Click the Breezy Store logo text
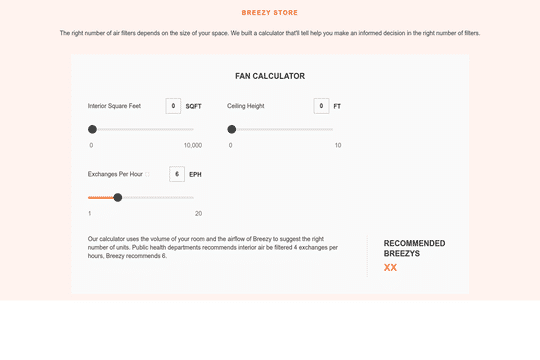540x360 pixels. click(270, 13)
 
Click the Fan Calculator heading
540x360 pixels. click(270, 76)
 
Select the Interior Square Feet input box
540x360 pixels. click(173, 106)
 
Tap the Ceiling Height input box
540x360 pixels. click(321, 106)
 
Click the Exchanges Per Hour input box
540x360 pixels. click(177, 174)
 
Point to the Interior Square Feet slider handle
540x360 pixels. click(92, 129)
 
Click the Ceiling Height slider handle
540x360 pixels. click(232, 129)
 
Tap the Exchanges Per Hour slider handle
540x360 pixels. click(118, 197)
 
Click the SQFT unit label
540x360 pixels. click(194, 106)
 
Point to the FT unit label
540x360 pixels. click(337, 106)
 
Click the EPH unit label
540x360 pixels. click(195, 174)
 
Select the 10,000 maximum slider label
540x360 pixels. click(192, 145)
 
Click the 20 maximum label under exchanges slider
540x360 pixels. click(198, 213)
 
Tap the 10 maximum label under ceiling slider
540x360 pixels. click(338, 145)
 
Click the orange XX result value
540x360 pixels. click(390, 267)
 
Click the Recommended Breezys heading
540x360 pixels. click(414, 248)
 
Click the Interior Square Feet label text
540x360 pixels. click(114, 106)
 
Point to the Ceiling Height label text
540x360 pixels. click(246, 106)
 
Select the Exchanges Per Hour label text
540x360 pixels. click(115, 174)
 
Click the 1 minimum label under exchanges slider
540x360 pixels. click(90, 213)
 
